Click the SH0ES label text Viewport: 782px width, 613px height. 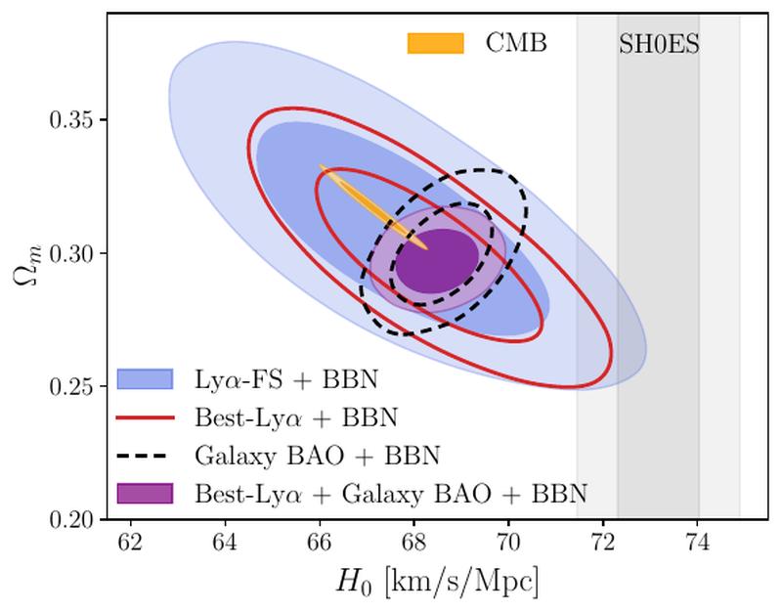click(658, 45)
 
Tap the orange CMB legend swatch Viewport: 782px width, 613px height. click(435, 44)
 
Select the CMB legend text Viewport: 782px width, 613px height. click(516, 44)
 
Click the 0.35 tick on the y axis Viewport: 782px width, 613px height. click(74, 121)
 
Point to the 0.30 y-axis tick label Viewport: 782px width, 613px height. click(74, 254)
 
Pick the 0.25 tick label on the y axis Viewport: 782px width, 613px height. click(74, 387)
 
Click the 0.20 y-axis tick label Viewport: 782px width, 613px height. click(74, 519)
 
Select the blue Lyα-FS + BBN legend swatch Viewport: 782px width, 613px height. click(145, 378)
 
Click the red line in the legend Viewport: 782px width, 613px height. click(145, 416)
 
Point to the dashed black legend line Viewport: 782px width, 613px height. click(145, 455)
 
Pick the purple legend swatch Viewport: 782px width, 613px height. click(145, 493)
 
